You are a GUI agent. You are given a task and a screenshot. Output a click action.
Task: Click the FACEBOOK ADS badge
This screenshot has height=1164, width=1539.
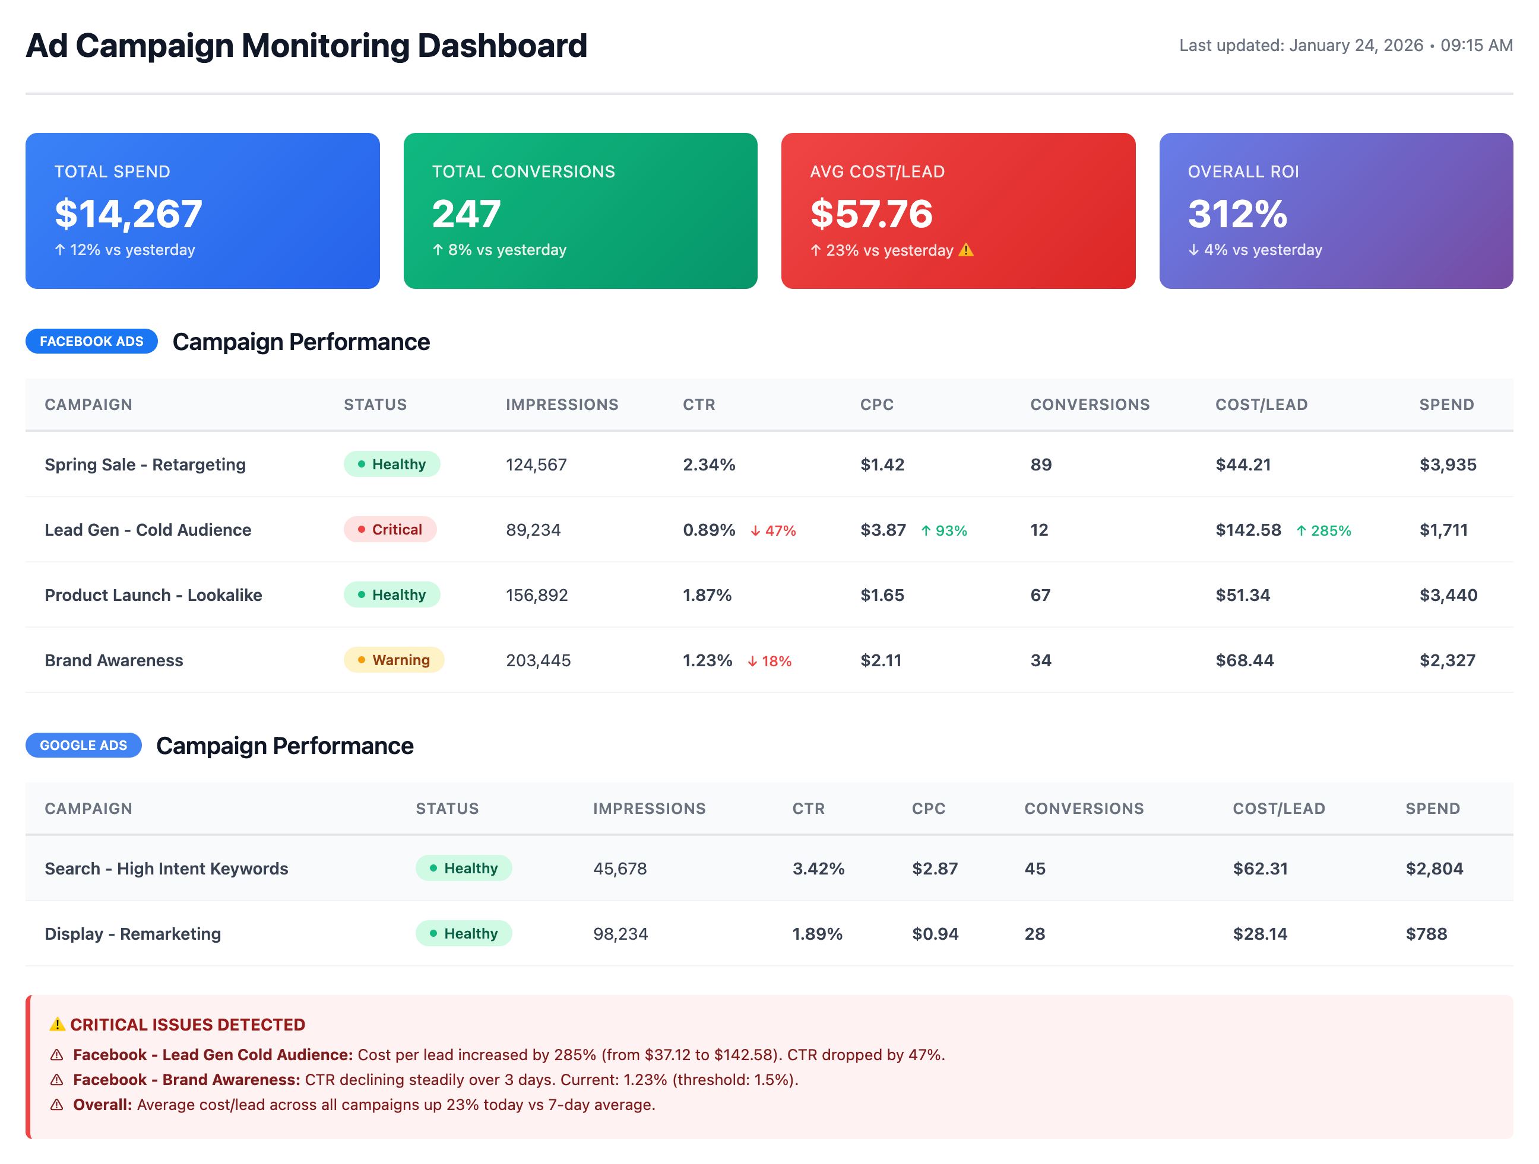(x=91, y=341)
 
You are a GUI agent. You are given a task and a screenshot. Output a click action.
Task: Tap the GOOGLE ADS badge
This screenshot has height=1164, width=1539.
(x=84, y=745)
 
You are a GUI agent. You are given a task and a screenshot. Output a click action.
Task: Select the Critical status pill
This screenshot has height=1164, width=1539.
(x=389, y=530)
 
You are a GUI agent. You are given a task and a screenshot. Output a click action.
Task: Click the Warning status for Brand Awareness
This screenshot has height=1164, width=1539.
(x=394, y=660)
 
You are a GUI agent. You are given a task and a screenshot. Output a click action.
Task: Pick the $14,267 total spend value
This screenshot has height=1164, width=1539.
(x=129, y=214)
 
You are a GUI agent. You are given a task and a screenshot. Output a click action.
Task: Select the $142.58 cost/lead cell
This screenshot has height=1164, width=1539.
(x=1248, y=530)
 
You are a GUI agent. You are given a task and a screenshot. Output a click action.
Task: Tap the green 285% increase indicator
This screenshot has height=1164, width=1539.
(x=1323, y=531)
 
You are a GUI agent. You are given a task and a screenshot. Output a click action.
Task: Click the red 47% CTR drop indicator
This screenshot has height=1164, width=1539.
(x=773, y=531)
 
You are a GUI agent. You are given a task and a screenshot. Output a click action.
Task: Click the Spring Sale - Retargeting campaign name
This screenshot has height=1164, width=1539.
(x=145, y=465)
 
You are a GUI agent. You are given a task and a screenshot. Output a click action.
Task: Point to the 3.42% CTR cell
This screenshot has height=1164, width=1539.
(x=818, y=869)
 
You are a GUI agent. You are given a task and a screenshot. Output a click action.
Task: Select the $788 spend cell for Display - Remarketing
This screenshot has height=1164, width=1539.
(x=1426, y=934)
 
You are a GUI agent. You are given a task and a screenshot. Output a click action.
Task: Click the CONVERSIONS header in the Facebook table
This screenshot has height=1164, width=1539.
(x=1090, y=405)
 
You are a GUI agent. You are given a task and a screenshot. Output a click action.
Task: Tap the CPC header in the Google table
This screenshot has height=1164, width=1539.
(x=928, y=809)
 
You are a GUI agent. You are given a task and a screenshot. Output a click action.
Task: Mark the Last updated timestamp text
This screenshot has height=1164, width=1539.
(x=1345, y=45)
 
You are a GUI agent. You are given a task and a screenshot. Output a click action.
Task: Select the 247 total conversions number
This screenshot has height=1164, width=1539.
(x=466, y=214)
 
